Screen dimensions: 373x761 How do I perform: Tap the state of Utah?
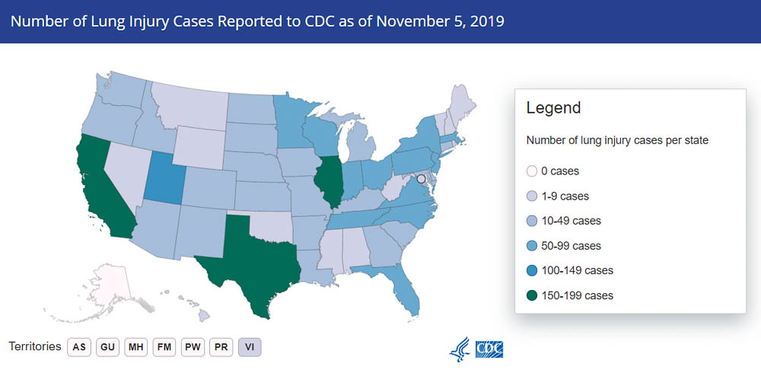point(161,178)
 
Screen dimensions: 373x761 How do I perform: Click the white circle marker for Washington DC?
point(421,178)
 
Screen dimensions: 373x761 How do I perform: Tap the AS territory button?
point(78,347)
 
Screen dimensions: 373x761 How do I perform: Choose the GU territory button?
point(107,347)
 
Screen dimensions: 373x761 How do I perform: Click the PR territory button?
point(221,347)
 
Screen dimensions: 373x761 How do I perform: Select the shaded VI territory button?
point(250,347)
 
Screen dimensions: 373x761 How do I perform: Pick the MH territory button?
point(135,347)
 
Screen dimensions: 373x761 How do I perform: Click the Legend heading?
point(553,108)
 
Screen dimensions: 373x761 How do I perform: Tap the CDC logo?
point(489,349)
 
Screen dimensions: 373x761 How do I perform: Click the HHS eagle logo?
point(460,349)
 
